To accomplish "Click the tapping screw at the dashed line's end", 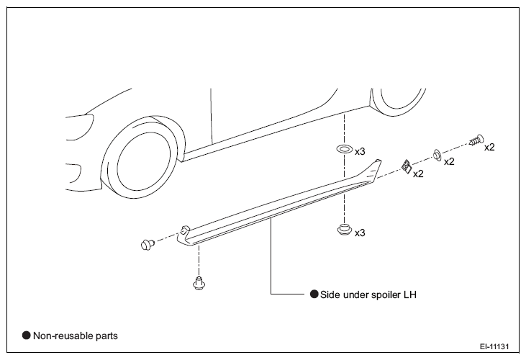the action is [476, 140].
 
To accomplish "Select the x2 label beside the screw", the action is [489, 147].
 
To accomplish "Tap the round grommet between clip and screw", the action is [437, 156].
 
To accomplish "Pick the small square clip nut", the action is [407, 166].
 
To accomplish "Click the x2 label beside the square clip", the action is [418, 174].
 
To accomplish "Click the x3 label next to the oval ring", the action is [360, 152].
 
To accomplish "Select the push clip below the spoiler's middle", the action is [344, 230].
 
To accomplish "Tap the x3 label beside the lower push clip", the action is [360, 233].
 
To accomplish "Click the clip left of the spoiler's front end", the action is [148, 244].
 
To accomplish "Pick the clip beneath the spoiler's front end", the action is [199, 283].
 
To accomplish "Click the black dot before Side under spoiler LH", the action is [314, 294].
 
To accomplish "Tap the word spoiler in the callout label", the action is [385, 295].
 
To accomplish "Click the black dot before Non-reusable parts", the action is [26, 336].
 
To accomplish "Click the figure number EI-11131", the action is [494, 346].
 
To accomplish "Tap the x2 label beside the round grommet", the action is [449, 162].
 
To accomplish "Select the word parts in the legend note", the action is [106, 336].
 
